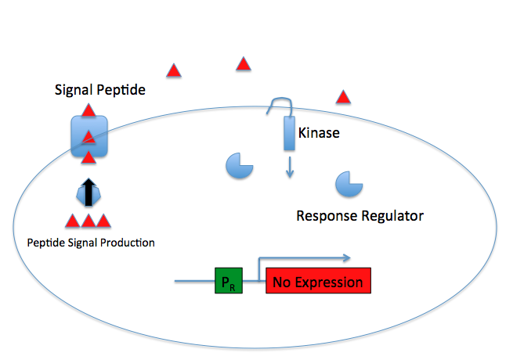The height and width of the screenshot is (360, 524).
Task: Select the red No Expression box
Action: point(317,281)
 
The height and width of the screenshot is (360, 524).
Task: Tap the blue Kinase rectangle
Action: point(288,135)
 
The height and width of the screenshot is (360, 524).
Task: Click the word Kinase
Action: point(319,133)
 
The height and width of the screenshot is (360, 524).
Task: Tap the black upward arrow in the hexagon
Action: point(89,192)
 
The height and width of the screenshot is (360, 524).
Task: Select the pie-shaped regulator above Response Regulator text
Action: point(348,185)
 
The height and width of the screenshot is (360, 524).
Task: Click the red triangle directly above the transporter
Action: point(89,110)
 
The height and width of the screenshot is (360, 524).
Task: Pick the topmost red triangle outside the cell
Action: point(244,64)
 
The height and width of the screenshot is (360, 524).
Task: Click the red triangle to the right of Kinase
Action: point(342,97)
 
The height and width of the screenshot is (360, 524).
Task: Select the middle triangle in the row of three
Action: point(88,221)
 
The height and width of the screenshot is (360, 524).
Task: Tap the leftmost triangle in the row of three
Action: point(72,221)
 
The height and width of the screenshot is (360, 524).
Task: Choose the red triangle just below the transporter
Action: point(89,159)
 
